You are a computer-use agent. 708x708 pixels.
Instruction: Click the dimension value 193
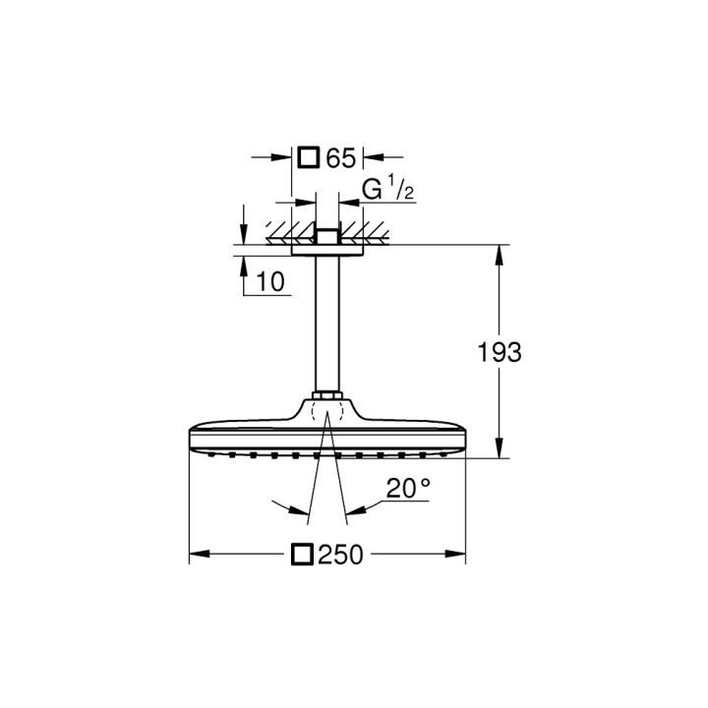click(501, 351)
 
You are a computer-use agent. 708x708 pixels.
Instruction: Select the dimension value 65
click(340, 157)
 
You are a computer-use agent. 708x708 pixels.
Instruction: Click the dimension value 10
click(270, 282)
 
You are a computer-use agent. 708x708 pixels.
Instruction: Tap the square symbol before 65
click(309, 157)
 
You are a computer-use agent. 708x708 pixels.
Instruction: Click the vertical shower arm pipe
click(326, 324)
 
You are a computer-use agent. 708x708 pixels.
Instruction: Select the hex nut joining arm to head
click(326, 399)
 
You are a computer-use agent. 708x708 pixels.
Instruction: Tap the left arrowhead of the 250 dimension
click(195, 556)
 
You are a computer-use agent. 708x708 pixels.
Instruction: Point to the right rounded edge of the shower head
click(464, 440)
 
